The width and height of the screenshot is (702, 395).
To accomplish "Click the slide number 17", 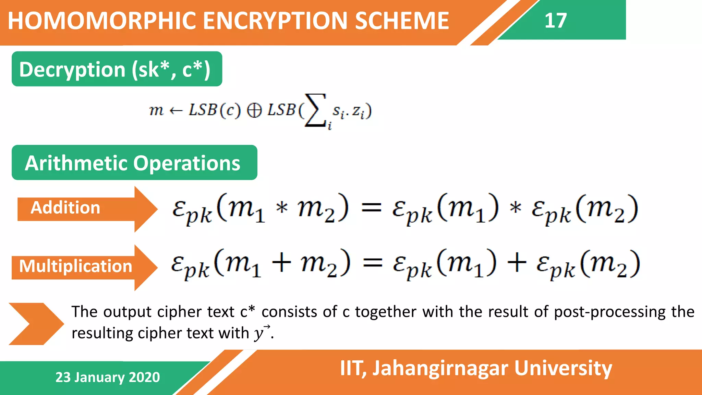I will point(555,21).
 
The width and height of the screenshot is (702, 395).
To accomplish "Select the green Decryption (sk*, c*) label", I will point(117,69).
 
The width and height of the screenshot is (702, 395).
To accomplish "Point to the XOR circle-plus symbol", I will point(254,110).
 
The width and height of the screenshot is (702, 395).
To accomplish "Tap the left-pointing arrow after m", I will point(176,110).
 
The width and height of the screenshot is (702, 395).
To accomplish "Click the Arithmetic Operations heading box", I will point(134,163).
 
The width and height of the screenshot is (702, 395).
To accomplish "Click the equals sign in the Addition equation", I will point(372,208).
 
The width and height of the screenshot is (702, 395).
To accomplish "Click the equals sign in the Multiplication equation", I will point(373,263).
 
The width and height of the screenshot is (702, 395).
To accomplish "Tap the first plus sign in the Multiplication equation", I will point(281,263).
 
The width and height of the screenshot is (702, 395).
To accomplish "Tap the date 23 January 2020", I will point(108,377).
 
